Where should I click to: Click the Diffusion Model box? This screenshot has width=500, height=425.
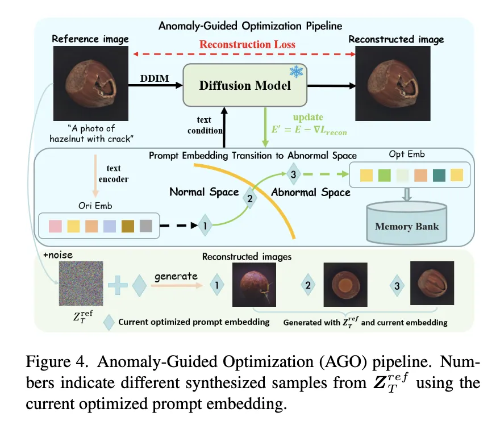click(245, 85)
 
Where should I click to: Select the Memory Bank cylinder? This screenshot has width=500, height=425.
click(406, 222)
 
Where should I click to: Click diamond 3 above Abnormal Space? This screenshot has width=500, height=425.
click(293, 175)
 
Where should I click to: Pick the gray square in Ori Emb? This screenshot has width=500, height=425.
click(146, 226)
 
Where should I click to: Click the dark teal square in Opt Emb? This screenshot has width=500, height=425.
click(439, 173)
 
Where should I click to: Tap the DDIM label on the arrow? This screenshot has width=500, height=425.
click(155, 78)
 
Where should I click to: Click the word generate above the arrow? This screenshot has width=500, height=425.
click(176, 276)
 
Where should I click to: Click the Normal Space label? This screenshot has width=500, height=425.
click(204, 192)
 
